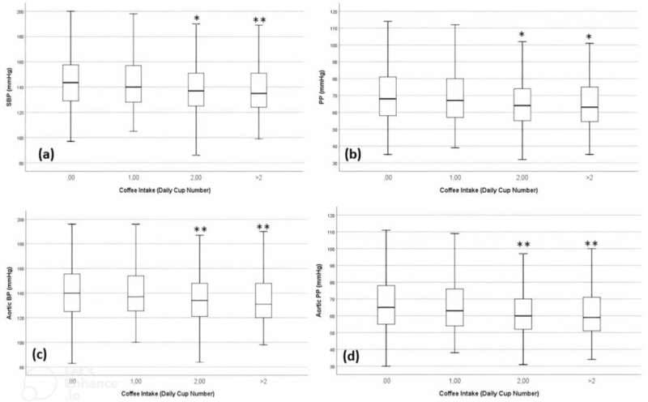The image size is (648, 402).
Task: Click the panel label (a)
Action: (53, 152)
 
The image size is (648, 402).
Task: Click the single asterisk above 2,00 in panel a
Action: (196, 18)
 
